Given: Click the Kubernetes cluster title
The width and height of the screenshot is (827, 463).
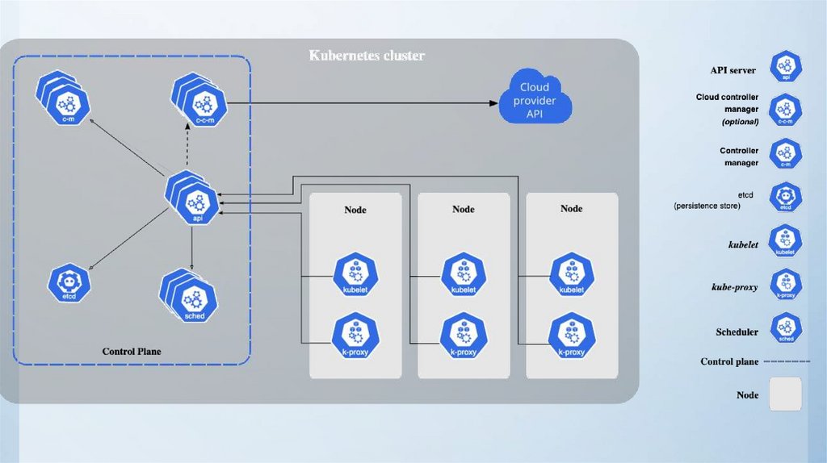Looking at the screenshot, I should tap(367, 56).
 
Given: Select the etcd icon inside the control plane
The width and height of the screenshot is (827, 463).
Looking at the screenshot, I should tap(68, 283).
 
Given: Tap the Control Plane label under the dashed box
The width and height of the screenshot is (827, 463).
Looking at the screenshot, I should tap(132, 352).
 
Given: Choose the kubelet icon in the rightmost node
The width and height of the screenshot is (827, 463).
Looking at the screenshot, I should tap(571, 275).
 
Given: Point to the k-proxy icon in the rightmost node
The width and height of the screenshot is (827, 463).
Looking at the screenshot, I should tap(571, 336).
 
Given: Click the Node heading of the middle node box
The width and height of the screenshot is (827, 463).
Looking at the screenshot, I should tap(463, 210).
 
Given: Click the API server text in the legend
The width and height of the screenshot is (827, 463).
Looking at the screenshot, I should tap(733, 71).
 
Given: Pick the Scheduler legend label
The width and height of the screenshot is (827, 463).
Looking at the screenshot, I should tap(737, 332).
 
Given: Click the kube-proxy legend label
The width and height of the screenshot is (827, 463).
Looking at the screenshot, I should tap(734, 287).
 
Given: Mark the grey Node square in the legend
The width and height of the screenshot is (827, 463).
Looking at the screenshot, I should tap(784, 394).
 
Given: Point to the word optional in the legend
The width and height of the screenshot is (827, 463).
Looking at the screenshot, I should tap(740, 122).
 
